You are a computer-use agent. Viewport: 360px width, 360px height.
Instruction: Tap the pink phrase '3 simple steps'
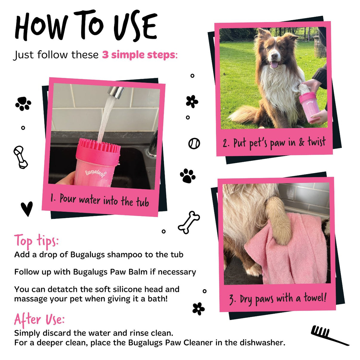pyautogui.click(x=139, y=55)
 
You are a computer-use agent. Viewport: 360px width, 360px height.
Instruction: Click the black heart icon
pyautogui.click(x=27, y=208)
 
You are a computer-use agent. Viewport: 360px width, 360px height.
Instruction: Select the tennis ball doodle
pyautogui.click(x=194, y=144)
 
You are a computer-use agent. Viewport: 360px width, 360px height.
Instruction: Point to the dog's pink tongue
pyautogui.click(x=274, y=65)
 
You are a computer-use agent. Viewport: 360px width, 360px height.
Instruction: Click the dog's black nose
pyautogui.click(x=275, y=56)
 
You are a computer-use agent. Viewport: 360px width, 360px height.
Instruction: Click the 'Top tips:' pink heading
pyautogui.click(x=36, y=241)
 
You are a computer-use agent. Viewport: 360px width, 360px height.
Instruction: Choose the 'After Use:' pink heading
pyautogui.click(x=39, y=320)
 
